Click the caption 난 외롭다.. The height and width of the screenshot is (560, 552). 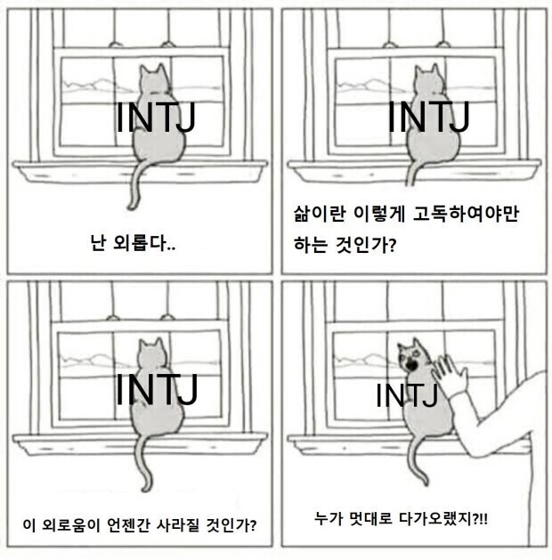[134, 240]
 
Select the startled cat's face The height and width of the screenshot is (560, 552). [411, 354]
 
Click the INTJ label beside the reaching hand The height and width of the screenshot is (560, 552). [406, 394]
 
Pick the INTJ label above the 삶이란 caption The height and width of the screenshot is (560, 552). [429, 118]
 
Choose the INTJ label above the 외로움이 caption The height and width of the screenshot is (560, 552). [157, 387]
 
